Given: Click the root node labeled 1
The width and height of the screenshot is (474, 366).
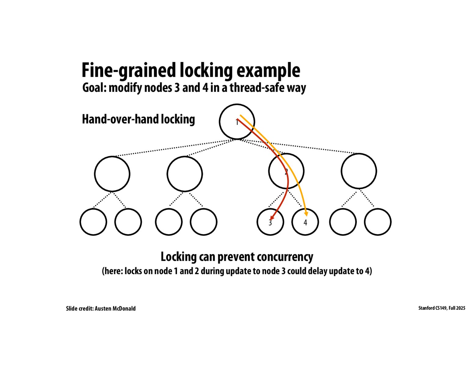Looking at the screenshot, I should click(x=237, y=122).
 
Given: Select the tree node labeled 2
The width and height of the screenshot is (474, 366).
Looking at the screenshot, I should click(x=286, y=171).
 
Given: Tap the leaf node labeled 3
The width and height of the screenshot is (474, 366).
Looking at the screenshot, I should click(x=270, y=222).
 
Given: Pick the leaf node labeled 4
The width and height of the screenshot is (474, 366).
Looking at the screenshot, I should click(x=305, y=222).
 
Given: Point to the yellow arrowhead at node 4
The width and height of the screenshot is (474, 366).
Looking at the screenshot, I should click(x=306, y=214).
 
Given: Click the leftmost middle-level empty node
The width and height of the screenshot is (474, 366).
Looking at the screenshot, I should click(x=112, y=174).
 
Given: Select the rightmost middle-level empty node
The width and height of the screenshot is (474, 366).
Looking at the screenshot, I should click(x=359, y=171).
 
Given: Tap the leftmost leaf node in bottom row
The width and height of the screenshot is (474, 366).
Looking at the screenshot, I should click(x=93, y=222).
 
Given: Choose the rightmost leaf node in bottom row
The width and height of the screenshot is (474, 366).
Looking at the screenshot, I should click(x=378, y=222).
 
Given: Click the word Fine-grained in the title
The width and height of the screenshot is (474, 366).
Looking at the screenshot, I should click(x=128, y=70).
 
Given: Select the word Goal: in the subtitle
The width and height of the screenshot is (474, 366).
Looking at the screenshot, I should click(x=94, y=88).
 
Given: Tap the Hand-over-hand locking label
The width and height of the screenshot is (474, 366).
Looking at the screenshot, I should click(x=138, y=119).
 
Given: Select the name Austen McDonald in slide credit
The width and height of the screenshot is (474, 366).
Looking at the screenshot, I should click(x=115, y=308).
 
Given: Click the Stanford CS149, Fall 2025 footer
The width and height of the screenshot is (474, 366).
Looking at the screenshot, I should click(x=442, y=308).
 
